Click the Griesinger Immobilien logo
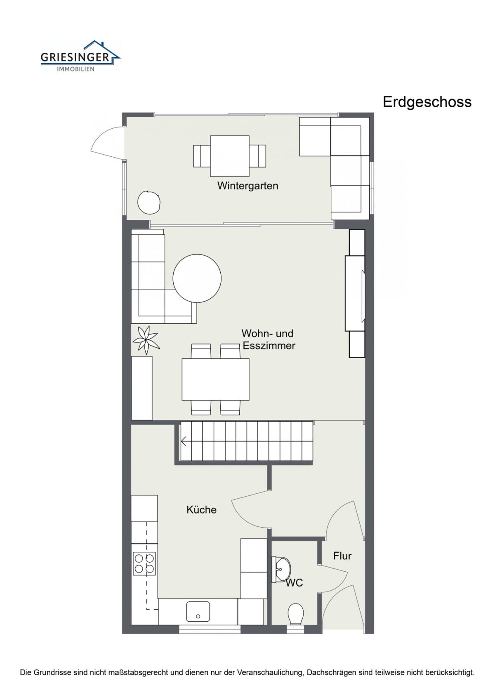(x=80, y=56)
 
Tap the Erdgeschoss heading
(x=427, y=102)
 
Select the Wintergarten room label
(x=247, y=186)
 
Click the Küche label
(x=201, y=510)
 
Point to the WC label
(x=295, y=583)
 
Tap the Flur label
(x=342, y=556)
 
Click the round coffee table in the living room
(x=197, y=278)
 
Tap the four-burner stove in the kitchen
(x=144, y=563)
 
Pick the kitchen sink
(x=198, y=612)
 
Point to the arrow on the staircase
(x=184, y=441)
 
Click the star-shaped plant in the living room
(x=146, y=339)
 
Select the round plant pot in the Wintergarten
(x=149, y=202)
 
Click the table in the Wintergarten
(x=230, y=156)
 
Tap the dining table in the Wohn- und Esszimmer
(x=216, y=379)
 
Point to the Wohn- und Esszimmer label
(x=268, y=339)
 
